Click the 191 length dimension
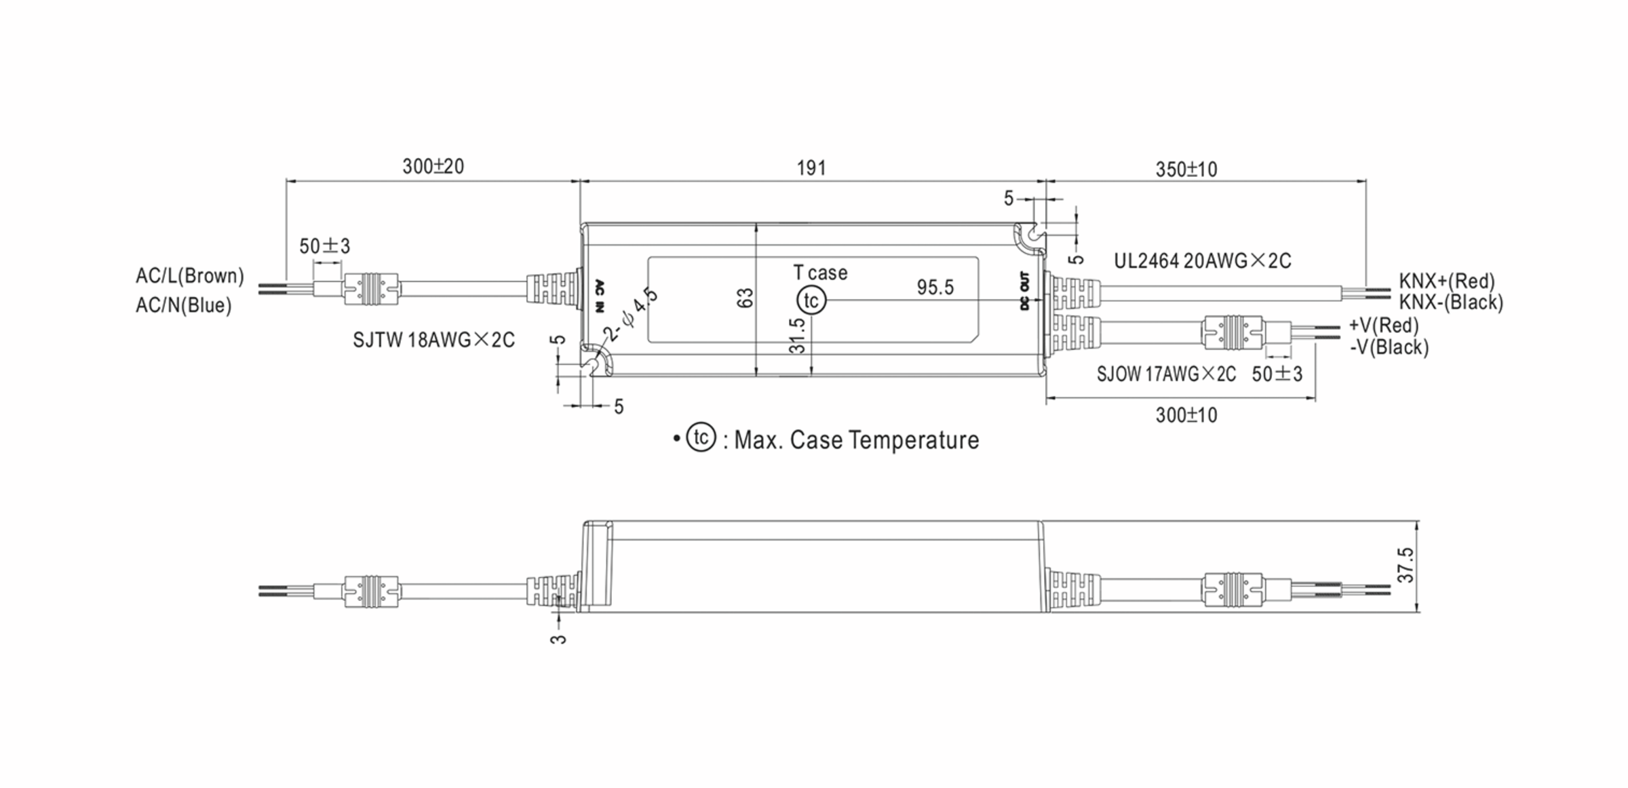(x=811, y=168)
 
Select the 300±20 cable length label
(x=433, y=167)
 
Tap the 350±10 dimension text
(x=1186, y=170)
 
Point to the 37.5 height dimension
(x=1406, y=565)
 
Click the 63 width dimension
(x=745, y=298)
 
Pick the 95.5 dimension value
(x=935, y=288)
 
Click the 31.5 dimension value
(x=798, y=336)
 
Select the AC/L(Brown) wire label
(x=189, y=276)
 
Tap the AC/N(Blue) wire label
(x=183, y=306)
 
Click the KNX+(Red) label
(x=1446, y=281)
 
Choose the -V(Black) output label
(x=1389, y=347)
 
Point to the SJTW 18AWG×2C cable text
(x=433, y=340)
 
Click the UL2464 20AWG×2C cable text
(x=1202, y=261)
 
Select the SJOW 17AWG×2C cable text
(x=1166, y=374)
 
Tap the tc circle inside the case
(x=811, y=300)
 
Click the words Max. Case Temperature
(x=856, y=440)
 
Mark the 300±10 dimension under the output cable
(x=1186, y=415)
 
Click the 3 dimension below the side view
(x=558, y=639)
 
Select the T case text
(x=820, y=273)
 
